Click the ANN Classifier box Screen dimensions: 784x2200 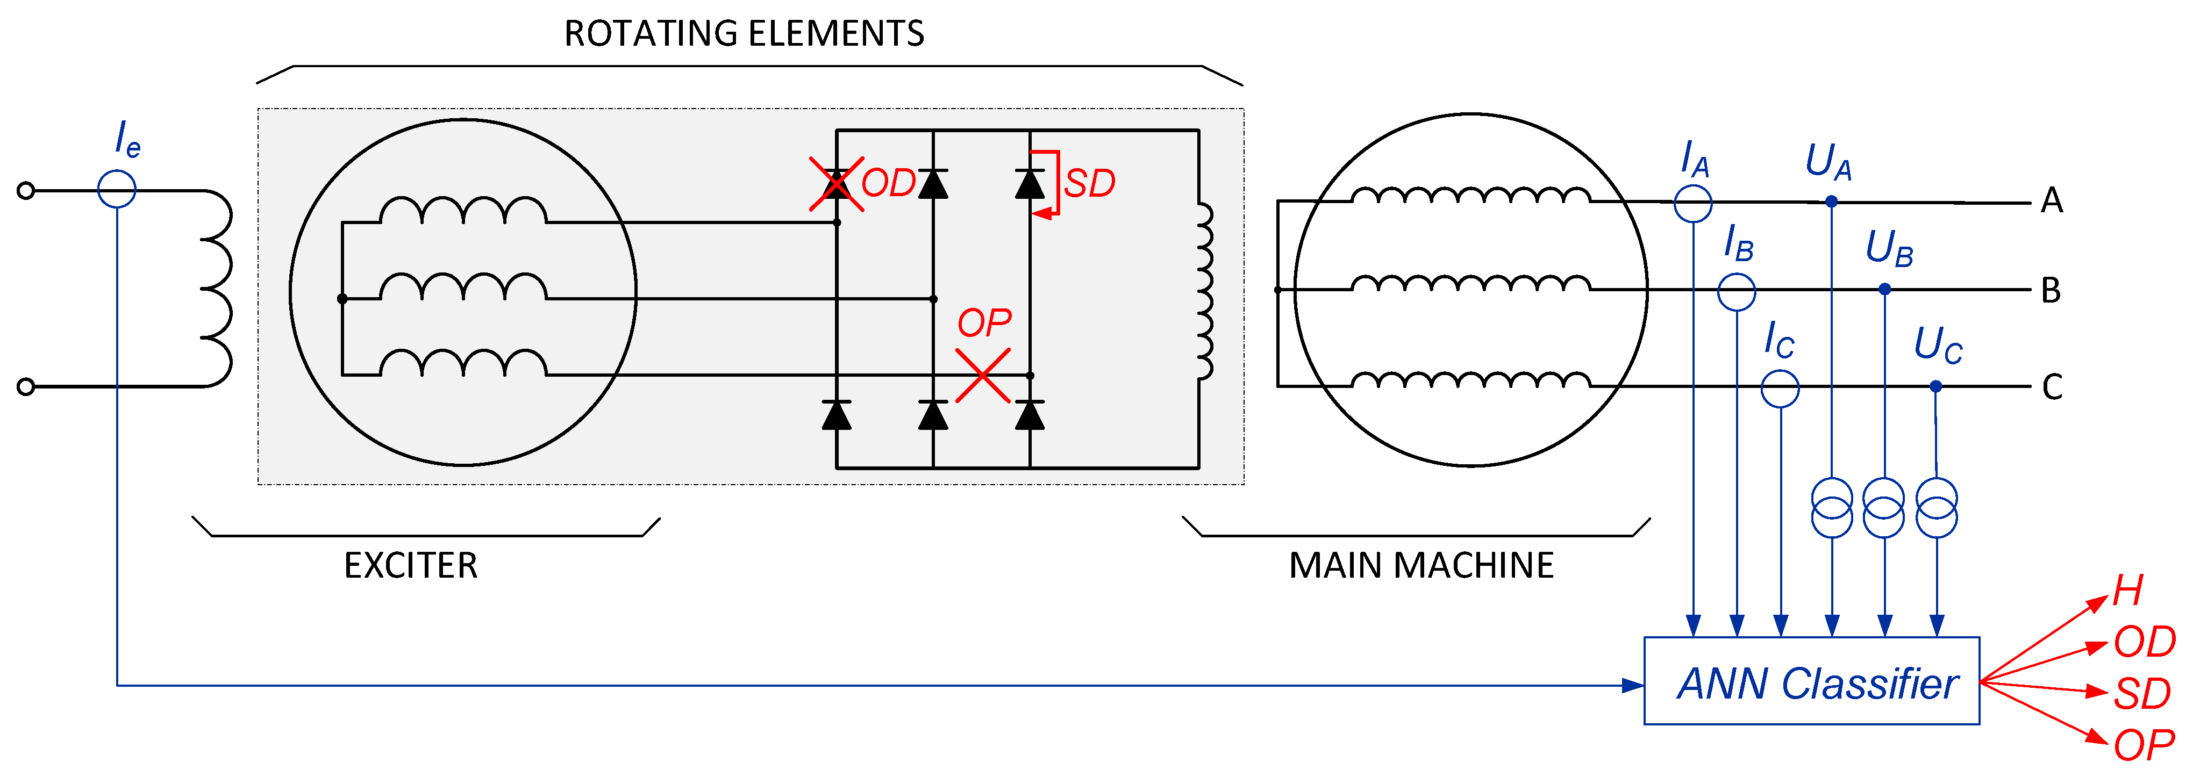click(x=1811, y=681)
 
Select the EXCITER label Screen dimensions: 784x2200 click(x=411, y=565)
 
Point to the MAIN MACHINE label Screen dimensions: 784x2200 click(x=1421, y=565)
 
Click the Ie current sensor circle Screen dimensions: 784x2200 click(x=117, y=189)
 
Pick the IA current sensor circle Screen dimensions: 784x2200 click(x=1692, y=203)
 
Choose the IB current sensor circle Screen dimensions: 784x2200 click(x=1736, y=291)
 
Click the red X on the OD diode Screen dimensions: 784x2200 click(x=836, y=184)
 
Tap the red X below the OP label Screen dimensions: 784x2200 click(x=983, y=376)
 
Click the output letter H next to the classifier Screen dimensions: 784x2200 click(x=2127, y=590)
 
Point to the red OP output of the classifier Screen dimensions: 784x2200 click(x=2144, y=745)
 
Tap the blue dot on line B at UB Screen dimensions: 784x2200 click(x=1885, y=290)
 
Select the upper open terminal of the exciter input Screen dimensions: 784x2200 click(x=26, y=190)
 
